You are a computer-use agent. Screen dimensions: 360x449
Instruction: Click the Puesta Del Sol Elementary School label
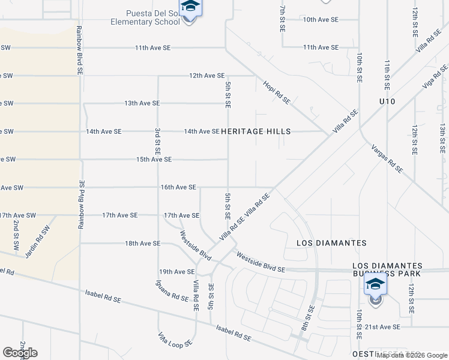(145, 18)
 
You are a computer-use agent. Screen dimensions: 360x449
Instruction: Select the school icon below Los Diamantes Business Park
(376, 284)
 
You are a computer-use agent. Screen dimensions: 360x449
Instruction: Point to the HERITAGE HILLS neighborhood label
(256, 131)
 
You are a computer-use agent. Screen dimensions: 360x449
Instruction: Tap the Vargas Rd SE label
(387, 158)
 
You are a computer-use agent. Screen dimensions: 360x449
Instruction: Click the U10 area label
(387, 103)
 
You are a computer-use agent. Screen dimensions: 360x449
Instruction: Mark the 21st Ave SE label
(381, 327)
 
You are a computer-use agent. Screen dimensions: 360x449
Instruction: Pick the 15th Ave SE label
(154, 160)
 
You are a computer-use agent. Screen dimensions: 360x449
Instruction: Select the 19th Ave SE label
(176, 272)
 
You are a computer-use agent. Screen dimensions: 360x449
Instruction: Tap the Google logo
(20, 353)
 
